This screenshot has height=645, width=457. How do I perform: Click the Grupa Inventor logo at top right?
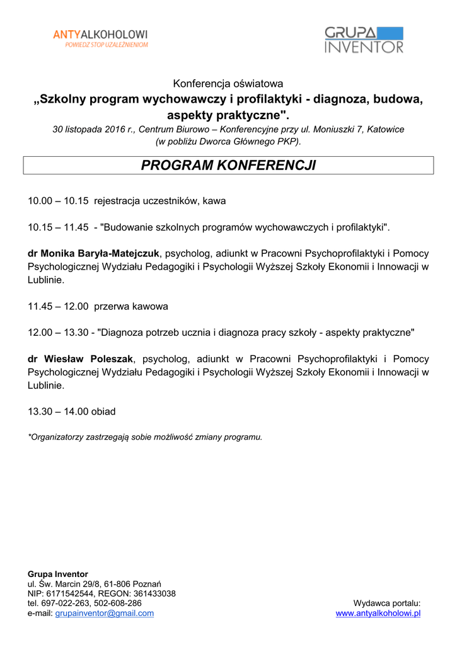tap(364, 40)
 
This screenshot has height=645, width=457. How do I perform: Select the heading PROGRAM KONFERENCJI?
tap(228, 166)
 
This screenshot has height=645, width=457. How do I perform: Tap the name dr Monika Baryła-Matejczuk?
tap(93, 253)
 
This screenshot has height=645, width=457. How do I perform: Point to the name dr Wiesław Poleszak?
tap(80, 359)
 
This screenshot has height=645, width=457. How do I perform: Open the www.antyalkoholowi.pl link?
tap(378, 613)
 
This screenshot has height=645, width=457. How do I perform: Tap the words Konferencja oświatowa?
tap(228, 83)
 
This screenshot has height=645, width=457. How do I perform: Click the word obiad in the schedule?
tap(103, 412)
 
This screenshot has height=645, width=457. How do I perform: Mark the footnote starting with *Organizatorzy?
tap(145, 437)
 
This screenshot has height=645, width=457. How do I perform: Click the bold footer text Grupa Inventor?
tap(58, 574)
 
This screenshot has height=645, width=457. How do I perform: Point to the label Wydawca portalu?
tap(386, 603)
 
